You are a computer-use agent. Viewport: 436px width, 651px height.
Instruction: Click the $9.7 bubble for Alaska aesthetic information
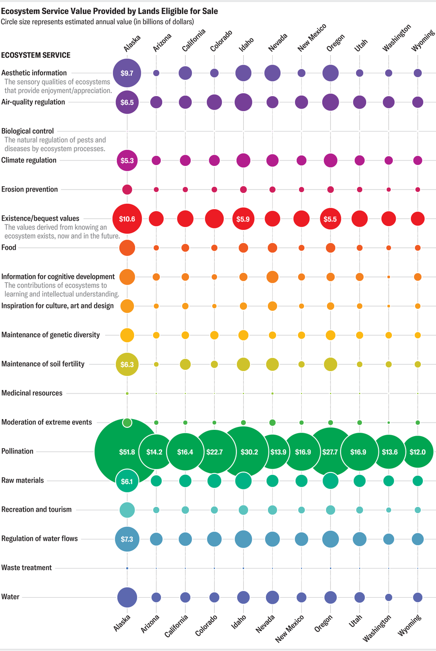click(x=127, y=73)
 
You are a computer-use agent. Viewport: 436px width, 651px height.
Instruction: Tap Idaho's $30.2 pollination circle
click(x=249, y=452)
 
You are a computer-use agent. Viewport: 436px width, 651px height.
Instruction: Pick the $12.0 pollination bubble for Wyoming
click(x=418, y=452)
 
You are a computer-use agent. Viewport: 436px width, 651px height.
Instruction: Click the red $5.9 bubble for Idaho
click(x=243, y=219)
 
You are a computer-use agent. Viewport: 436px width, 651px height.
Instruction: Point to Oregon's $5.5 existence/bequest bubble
click(x=330, y=219)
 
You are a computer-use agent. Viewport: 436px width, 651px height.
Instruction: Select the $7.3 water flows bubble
click(x=127, y=539)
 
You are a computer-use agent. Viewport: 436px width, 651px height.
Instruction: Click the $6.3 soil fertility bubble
click(x=127, y=364)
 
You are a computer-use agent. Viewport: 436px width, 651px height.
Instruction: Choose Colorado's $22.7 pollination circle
click(x=214, y=452)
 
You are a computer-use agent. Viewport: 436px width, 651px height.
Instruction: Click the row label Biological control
click(x=28, y=131)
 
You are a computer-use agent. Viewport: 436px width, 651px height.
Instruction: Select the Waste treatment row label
click(x=27, y=568)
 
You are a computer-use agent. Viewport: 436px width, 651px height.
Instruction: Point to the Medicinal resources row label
click(x=32, y=393)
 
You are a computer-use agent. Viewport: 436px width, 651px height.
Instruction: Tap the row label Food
click(x=9, y=247)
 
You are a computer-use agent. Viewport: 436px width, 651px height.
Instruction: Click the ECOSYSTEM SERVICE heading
click(x=36, y=55)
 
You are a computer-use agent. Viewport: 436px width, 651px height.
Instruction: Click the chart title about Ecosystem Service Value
click(x=109, y=11)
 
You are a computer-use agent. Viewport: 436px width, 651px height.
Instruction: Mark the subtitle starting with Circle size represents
click(x=97, y=22)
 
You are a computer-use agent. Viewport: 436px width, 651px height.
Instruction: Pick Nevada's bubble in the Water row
click(x=272, y=597)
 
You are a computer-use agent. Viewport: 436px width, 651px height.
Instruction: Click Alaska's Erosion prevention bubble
click(x=127, y=190)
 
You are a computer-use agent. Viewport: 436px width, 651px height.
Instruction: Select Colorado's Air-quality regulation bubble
click(x=214, y=102)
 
